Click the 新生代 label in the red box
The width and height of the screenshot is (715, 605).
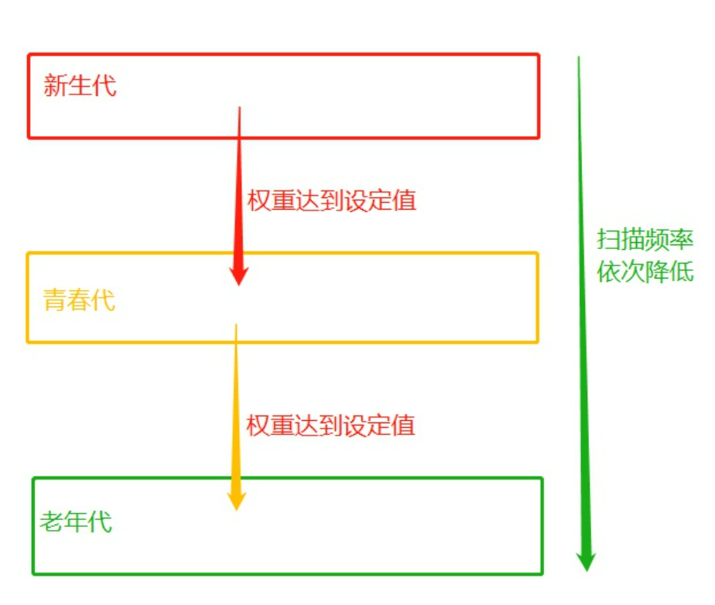80,85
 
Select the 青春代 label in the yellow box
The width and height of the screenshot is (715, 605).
79,300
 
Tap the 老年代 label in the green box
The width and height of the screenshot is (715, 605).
76,521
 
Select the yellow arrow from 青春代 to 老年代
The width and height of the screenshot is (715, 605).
236,410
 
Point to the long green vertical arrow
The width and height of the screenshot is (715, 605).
583,309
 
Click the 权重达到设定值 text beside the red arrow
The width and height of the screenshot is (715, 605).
332,201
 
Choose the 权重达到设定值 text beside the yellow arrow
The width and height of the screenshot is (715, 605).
331,425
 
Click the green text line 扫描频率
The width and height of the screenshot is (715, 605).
645,240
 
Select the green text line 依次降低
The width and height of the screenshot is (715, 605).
645,272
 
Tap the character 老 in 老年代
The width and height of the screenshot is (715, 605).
51,521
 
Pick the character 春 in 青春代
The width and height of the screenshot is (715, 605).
79,300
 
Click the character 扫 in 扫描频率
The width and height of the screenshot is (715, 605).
608,240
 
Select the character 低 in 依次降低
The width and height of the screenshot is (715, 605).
682,272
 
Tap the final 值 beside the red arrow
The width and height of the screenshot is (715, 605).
405,201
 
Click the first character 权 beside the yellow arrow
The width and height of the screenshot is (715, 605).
258,425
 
